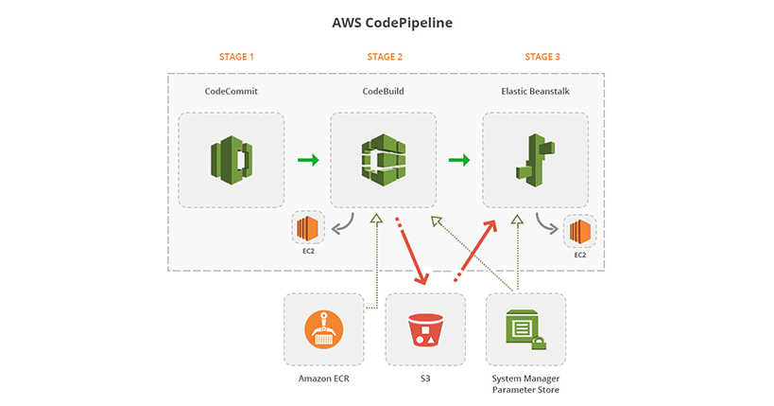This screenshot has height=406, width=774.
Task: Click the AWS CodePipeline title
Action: click(386, 20)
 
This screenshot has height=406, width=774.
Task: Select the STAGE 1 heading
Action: click(236, 57)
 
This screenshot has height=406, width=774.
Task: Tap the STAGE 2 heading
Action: click(385, 57)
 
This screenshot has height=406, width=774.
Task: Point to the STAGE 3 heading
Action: click(542, 57)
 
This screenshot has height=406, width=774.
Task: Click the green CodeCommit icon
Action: click(232, 160)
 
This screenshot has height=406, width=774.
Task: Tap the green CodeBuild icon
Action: click(383, 160)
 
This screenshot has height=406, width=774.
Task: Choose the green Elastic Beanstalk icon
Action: click(535, 160)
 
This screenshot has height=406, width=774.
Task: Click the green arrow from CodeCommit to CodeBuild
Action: click(308, 160)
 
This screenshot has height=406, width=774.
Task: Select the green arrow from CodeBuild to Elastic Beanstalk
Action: click(459, 160)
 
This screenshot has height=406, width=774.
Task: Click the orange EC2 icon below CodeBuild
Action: click(308, 228)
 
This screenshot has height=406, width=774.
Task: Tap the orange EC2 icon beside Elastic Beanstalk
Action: click(578, 231)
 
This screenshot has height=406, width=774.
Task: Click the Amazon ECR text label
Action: click(323, 379)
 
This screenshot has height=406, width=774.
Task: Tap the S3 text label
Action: click(425, 379)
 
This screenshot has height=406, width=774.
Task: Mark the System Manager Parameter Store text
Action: click(525, 384)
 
